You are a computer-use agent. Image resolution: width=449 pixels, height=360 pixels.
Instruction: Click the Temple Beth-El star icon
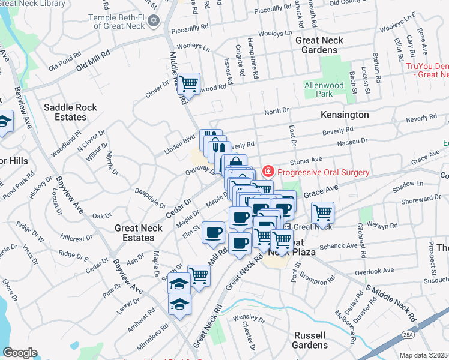154,21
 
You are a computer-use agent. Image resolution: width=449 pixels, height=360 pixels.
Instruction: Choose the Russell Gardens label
310,340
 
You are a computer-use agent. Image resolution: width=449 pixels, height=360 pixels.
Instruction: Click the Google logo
20,353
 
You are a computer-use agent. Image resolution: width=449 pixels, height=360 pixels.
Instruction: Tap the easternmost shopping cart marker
322,212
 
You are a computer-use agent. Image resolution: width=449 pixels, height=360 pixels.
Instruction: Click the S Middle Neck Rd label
392,306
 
